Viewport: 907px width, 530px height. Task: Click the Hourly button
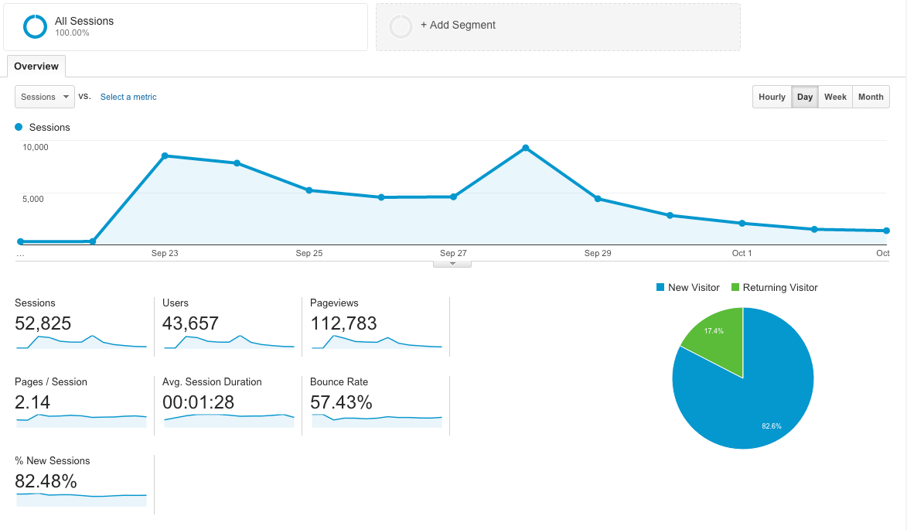(772, 97)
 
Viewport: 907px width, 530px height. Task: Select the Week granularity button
(835, 97)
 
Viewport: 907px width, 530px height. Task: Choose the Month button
(871, 97)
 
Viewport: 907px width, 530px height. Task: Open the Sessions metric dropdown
(45, 97)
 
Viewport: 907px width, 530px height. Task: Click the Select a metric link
(128, 97)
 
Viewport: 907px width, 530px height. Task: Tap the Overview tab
(36, 67)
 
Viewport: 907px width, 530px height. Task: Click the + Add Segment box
(557, 26)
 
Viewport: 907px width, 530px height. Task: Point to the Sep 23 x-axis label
(165, 253)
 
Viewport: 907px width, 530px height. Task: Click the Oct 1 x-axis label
(742, 253)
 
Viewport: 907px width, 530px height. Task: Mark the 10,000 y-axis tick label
(36, 147)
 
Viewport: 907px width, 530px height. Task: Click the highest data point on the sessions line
(526, 148)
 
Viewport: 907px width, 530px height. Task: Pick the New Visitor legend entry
(687, 288)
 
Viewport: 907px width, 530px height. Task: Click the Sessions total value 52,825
(43, 323)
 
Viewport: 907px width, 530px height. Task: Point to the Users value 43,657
(190, 323)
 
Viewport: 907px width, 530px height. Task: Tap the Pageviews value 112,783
(343, 323)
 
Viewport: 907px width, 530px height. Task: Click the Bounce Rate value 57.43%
(341, 402)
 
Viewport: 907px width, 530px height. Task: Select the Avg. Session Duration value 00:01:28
(198, 402)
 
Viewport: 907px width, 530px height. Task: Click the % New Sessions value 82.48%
(46, 481)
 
